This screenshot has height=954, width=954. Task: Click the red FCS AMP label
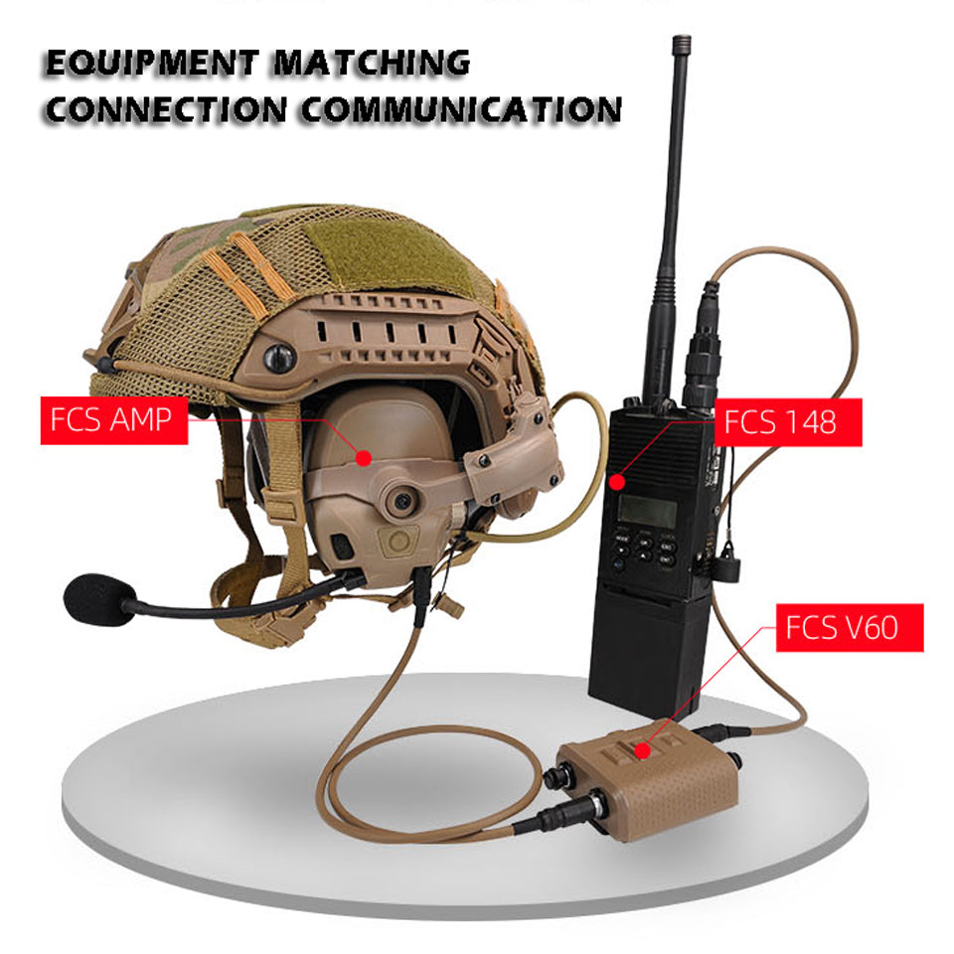tap(113, 420)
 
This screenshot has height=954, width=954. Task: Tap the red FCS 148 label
tap(787, 422)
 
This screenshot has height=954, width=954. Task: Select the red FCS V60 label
tap(850, 627)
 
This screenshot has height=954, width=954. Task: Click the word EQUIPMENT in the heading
tap(152, 63)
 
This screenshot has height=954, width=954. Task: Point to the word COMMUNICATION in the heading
tap(461, 110)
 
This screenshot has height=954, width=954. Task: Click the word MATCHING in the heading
tap(371, 63)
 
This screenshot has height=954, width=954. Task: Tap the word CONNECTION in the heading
tap(166, 110)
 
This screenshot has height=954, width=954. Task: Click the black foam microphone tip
tap(98, 600)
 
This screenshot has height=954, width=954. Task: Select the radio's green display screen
tap(648, 512)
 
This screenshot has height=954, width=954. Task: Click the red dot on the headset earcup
tap(364, 457)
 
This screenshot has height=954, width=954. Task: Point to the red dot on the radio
tap(617, 482)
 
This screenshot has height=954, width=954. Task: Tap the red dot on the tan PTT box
tap(643, 751)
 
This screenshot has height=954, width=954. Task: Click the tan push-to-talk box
tap(648, 780)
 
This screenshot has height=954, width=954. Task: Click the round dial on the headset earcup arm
tap(400, 501)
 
